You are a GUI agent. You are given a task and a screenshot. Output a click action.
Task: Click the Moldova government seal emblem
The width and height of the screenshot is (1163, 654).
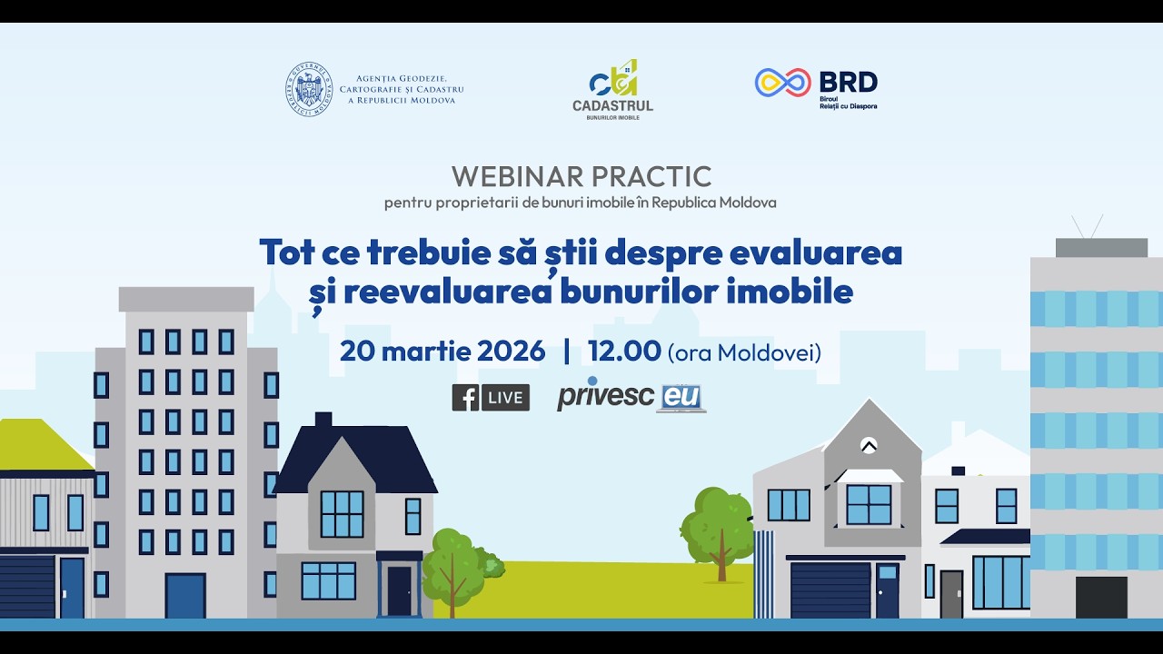(x=309, y=89)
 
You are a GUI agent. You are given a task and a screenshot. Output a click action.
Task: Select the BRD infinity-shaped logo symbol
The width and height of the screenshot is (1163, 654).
(x=782, y=83)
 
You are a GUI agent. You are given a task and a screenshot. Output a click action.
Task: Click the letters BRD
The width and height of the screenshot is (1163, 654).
(x=848, y=82)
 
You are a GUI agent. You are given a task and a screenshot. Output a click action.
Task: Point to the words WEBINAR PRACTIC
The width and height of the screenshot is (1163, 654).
(x=581, y=176)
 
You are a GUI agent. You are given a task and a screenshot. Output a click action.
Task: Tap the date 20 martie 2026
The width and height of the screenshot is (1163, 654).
(x=442, y=352)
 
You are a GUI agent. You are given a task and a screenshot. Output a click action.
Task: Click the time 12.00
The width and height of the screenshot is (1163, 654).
(x=624, y=352)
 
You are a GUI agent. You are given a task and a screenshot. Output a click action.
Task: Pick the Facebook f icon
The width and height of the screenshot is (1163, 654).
(x=465, y=398)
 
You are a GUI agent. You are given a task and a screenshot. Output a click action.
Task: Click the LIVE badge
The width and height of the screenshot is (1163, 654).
(x=505, y=398)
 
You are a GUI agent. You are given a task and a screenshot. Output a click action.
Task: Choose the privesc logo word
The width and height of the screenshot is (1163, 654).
(x=605, y=397)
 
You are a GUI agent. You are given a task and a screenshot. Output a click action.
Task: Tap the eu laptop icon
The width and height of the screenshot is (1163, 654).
(x=681, y=399)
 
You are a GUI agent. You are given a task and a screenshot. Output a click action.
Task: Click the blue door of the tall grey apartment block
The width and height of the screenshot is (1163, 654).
(x=185, y=596)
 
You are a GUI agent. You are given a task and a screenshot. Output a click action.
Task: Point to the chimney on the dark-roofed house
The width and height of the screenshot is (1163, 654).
(x=323, y=420)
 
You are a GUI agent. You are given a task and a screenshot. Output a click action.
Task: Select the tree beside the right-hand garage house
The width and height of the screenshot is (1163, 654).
(x=718, y=528)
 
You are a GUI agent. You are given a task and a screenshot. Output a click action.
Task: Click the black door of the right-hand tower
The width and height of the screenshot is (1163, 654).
(x=1101, y=597)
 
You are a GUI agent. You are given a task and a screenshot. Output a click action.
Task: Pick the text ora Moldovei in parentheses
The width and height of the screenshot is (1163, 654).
(x=744, y=352)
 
